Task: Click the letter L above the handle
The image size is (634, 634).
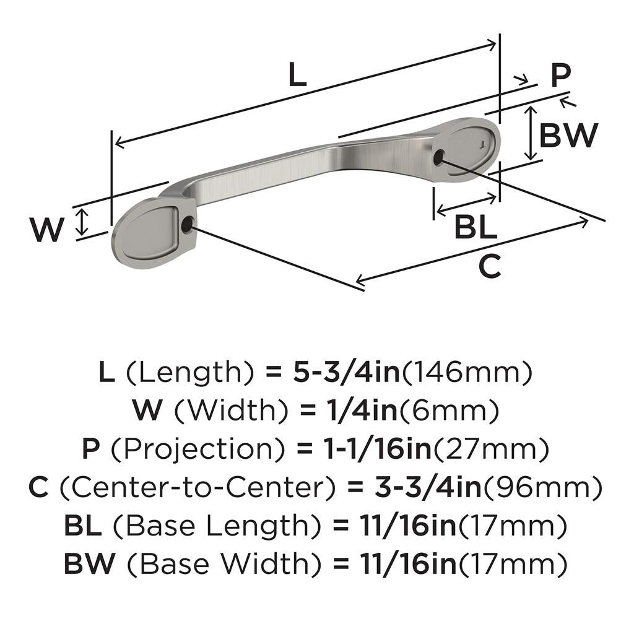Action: (297, 76)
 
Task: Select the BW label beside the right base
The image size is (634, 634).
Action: (568, 135)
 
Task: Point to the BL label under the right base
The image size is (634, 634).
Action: (475, 228)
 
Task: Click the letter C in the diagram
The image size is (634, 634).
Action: (490, 267)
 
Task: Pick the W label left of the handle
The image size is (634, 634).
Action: (46, 230)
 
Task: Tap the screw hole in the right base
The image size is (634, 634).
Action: (438, 157)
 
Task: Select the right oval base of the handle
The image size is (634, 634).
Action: (467, 146)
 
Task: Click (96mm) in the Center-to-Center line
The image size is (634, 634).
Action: (542, 488)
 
